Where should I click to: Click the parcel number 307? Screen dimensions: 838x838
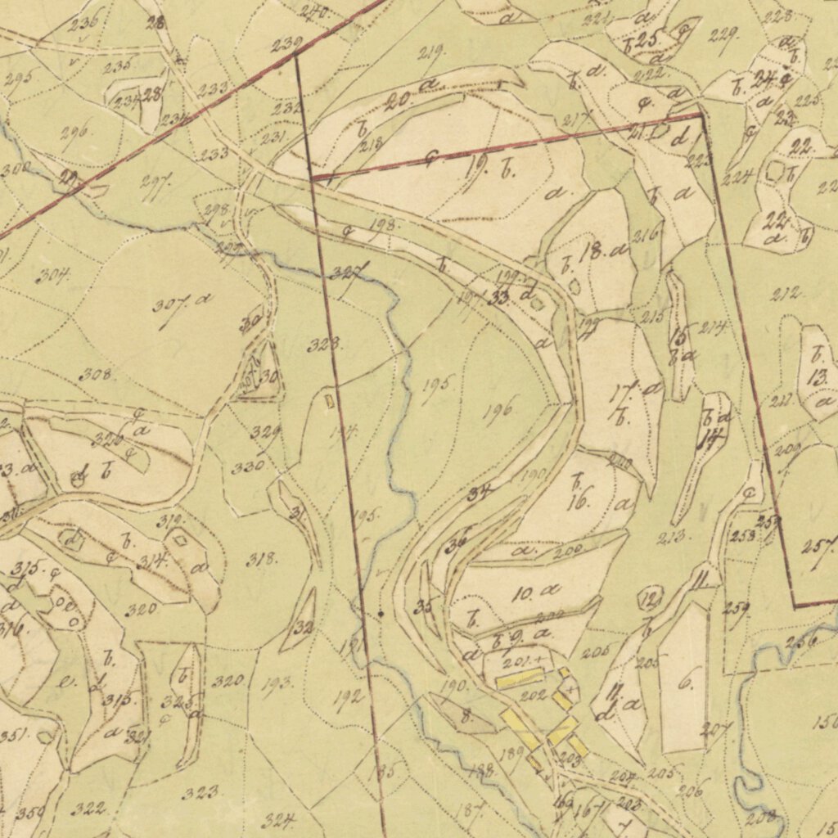click(168, 305)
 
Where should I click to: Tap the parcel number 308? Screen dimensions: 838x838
click(97, 375)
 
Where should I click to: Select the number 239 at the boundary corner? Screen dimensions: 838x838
click(286, 44)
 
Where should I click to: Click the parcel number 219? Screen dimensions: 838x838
click(431, 53)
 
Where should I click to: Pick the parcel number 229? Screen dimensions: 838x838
click(723, 34)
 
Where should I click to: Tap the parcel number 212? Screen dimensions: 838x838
click(786, 294)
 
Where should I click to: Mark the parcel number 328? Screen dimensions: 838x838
click(324, 345)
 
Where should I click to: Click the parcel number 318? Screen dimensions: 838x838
click(261, 560)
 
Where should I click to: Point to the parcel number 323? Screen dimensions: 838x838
click(200, 791)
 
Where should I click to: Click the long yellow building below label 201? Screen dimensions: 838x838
click(519, 678)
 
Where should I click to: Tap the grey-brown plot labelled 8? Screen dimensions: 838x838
click(464, 717)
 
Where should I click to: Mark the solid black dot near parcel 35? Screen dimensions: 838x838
click(381, 612)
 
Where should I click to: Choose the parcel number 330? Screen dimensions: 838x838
click(247, 466)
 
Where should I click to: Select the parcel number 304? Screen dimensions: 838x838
click(52, 275)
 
